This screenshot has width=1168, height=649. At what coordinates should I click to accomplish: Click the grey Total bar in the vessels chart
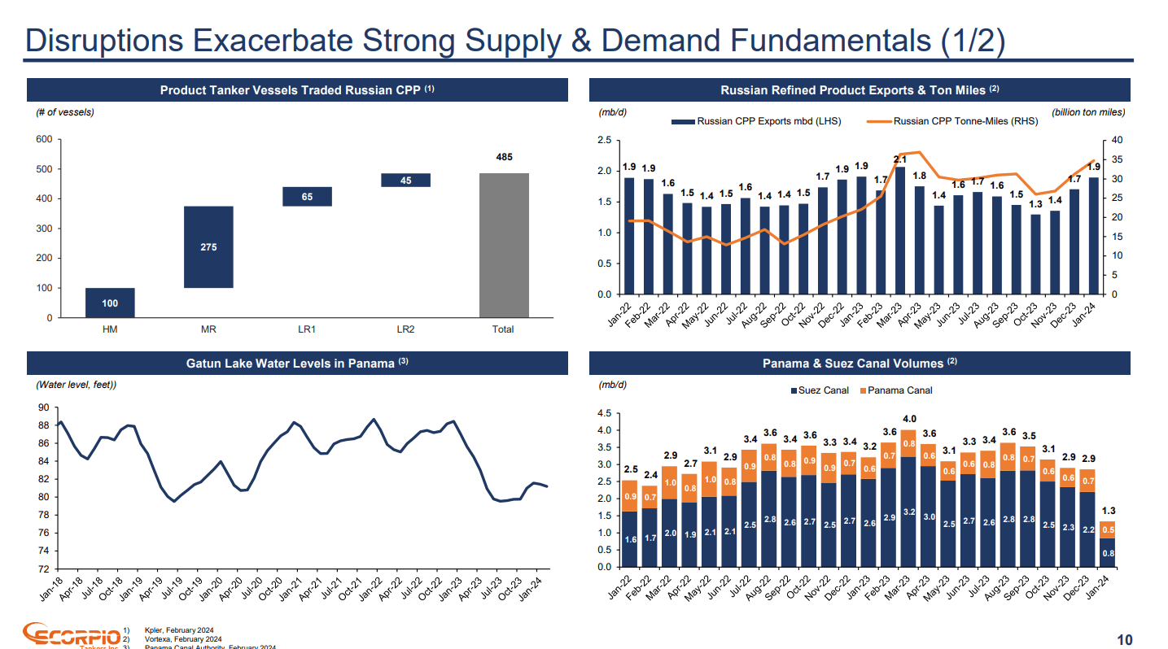[x=504, y=245]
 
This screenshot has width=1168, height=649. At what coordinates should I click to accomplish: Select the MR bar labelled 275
[x=208, y=246]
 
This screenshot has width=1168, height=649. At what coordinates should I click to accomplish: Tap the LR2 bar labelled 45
[x=405, y=181]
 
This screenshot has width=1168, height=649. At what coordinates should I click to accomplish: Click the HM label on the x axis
[x=110, y=329]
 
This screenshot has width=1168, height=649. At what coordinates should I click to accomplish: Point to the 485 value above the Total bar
[x=504, y=156]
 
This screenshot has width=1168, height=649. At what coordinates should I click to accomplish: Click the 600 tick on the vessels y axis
[x=43, y=139]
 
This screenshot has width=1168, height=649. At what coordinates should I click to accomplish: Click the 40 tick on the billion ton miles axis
[x=1116, y=140]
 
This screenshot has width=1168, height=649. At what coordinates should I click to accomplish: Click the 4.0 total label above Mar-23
[x=908, y=419]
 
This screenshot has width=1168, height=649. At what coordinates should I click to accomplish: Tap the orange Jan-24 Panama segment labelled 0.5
[x=1108, y=529]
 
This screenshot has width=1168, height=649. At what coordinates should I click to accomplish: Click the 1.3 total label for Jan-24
[x=1108, y=510]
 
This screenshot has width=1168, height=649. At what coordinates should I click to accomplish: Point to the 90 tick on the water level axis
[x=43, y=407]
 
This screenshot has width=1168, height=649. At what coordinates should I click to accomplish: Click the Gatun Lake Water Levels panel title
[x=297, y=364]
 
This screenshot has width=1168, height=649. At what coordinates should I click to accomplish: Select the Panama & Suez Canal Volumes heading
[x=859, y=364]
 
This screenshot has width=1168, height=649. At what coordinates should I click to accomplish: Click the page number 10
[x=1124, y=640]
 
